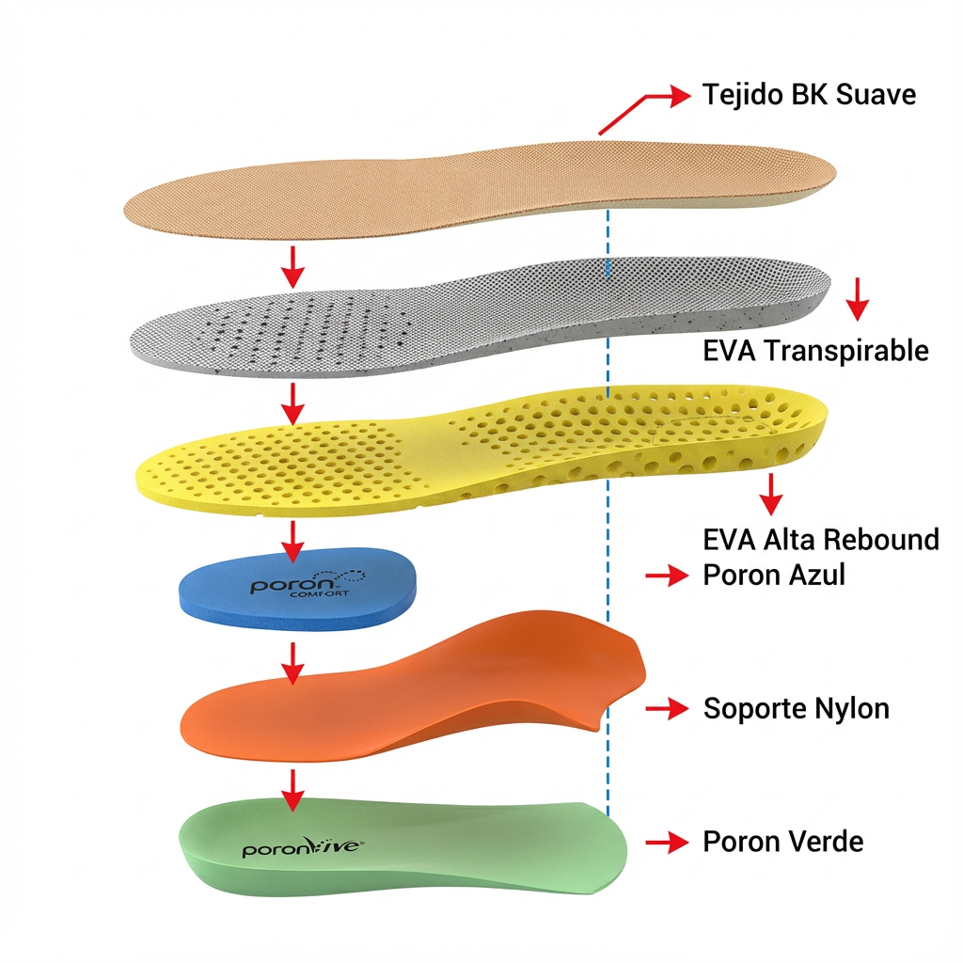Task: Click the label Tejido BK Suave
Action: click(809, 95)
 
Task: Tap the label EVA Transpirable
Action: click(815, 351)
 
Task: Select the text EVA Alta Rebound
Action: click(820, 540)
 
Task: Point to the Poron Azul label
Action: click(774, 575)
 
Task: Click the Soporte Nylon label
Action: click(796, 708)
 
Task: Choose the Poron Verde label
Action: click(782, 842)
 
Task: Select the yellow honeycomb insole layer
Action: click(470, 447)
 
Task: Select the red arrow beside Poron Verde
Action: click(667, 843)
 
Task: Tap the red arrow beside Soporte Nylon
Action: click(667, 709)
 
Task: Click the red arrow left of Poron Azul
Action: click(667, 576)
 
